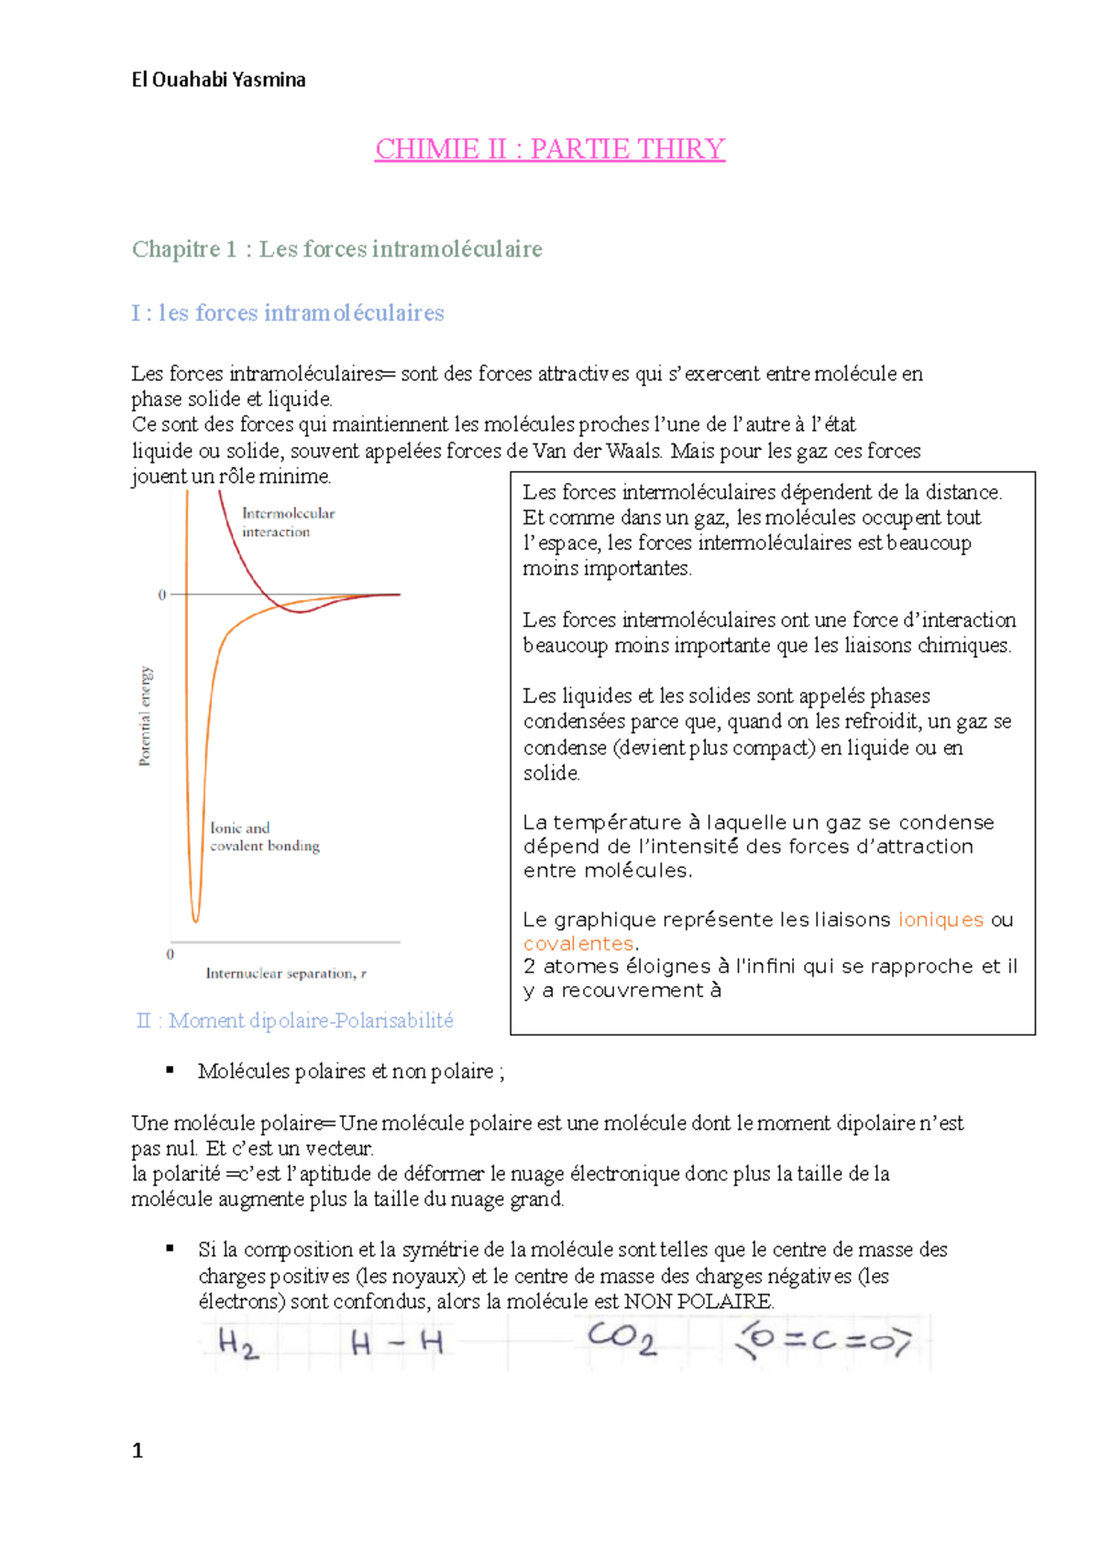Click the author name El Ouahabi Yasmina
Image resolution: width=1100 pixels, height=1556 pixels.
(218, 80)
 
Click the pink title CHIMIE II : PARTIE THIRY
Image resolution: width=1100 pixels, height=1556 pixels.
(549, 148)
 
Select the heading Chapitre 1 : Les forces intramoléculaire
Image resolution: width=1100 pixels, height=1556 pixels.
(336, 248)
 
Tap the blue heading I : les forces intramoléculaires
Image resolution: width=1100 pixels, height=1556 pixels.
(287, 312)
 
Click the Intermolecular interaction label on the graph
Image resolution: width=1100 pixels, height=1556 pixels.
(287, 522)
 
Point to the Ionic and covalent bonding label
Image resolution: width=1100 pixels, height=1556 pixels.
(264, 837)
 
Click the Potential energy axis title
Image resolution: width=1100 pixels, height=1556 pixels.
(145, 716)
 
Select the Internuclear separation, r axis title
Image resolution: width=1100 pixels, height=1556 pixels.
(285, 973)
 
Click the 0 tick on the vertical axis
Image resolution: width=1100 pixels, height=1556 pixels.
(162, 595)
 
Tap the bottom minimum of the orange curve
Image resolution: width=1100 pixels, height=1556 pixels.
(195, 919)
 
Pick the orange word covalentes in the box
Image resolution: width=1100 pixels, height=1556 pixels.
(578, 943)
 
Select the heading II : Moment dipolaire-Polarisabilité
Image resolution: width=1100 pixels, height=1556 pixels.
(294, 1021)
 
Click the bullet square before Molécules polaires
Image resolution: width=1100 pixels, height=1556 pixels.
(170, 1069)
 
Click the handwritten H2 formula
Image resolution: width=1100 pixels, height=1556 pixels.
(237, 1343)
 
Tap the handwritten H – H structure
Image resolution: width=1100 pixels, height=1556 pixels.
(397, 1344)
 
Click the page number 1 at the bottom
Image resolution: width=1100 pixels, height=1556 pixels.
(137, 1450)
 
